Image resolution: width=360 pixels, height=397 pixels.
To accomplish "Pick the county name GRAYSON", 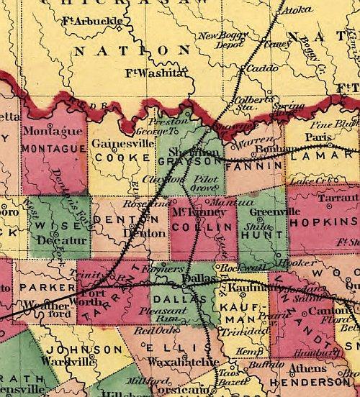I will pos(189,163).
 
